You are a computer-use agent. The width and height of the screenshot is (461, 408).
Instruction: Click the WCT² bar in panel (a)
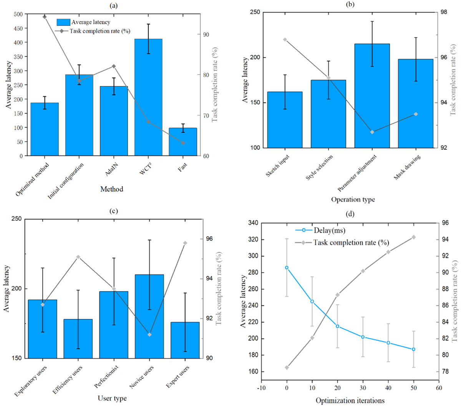(x=148, y=97)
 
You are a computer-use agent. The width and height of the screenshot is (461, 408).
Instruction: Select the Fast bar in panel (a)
(x=183, y=142)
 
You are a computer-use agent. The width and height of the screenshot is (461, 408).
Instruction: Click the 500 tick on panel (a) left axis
(x=18, y=14)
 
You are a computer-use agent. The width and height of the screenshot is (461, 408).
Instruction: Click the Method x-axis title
(x=112, y=189)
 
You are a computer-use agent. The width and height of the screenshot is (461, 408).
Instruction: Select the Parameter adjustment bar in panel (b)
(x=372, y=96)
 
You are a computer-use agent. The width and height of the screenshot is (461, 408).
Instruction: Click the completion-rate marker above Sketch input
(x=285, y=40)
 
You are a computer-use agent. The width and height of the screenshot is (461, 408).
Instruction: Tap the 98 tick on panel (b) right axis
(x=444, y=12)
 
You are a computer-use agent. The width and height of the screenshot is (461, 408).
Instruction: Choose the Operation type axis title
(x=353, y=200)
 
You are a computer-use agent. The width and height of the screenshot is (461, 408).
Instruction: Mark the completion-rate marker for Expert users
(x=185, y=243)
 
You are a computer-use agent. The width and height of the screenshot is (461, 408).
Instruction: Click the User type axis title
(x=112, y=398)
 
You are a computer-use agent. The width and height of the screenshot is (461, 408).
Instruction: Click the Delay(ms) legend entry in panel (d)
(x=329, y=230)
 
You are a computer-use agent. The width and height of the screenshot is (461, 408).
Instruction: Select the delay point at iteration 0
(x=287, y=268)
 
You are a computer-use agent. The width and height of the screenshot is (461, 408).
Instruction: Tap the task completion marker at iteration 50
(x=413, y=237)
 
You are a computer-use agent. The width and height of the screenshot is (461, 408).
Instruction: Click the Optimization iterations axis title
(x=350, y=401)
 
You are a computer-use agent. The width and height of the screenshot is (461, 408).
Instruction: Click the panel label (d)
(x=350, y=214)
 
